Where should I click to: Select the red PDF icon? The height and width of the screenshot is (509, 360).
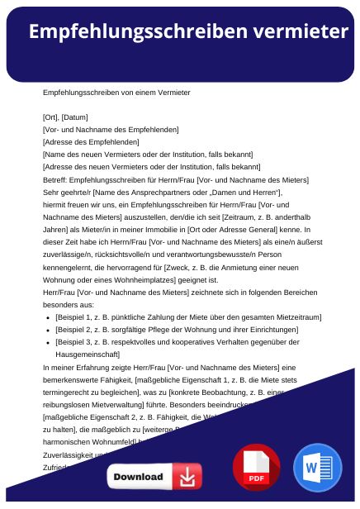pyautogui.click(x=256, y=468)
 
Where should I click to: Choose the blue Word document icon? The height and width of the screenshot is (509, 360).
pyautogui.click(x=317, y=468)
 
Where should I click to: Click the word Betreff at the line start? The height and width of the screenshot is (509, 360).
pyautogui.click(x=54, y=179)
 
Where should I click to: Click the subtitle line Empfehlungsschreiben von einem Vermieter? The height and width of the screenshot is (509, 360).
pyautogui.click(x=116, y=92)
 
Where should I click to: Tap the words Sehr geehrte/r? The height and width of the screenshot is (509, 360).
pyautogui.click(x=65, y=192)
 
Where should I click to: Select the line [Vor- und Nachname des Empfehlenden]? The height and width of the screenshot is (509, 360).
pyautogui.click(x=110, y=129)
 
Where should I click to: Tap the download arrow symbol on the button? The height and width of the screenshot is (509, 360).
pyautogui.click(x=188, y=477)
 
